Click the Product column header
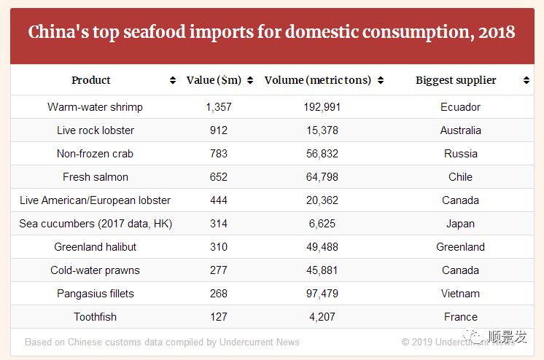91,80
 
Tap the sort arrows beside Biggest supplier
526,81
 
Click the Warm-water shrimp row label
95,107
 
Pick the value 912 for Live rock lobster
218,130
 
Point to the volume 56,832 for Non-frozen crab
322,154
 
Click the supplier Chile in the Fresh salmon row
460,177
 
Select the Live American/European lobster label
95,200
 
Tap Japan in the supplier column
460,224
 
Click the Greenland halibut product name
95,247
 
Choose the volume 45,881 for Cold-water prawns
322,270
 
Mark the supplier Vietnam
460,294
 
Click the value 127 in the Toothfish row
218,317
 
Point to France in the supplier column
460,317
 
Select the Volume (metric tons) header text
318,80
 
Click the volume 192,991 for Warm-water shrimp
322,107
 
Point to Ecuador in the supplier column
460,107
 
